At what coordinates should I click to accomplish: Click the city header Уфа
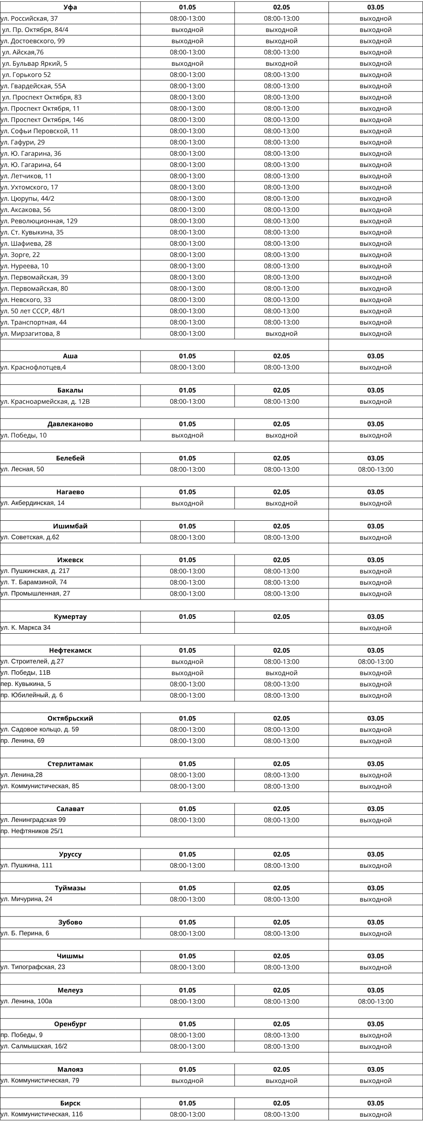pyautogui.click(x=70, y=7)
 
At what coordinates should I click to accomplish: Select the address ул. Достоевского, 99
pyautogui.click(x=33, y=41)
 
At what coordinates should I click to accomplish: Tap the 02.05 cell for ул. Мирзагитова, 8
pyautogui.click(x=281, y=334)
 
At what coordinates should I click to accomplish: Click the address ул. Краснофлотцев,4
pyautogui.click(x=34, y=367)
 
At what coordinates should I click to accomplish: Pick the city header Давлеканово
pyautogui.click(x=70, y=424)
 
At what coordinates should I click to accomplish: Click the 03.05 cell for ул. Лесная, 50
pyautogui.click(x=375, y=469)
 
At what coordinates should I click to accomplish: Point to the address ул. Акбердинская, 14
pyautogui.click(x=33, y=503)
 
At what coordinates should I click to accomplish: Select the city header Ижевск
pyautogui.click(x=70, y=560)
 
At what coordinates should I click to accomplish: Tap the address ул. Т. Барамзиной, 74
pyautogui.click(x=34, y=582)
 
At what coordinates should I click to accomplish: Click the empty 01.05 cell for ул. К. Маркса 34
pyautogui.click(x=187, y=628)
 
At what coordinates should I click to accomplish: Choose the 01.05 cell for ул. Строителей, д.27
pyautogui.click(x=187, y=662)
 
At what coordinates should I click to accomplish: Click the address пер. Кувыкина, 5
pyautogui.click(x=26, y=684)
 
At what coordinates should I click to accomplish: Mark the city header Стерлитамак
pyautogui.click(x=70, y=764)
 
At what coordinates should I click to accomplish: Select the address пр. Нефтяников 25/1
pyautogui.click(x=32, y=831)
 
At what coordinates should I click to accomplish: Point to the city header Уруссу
pyautogui.click(x=70, y=854)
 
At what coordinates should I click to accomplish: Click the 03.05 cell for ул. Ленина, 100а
pyautogui.click(x=375, y=1001)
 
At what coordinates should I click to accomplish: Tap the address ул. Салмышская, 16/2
pyautogui.click(x=34, y=1046)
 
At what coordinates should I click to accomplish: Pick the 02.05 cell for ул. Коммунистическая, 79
pyautogui.click(x=281, y=1081)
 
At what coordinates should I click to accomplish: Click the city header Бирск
pyautogui.click(x=70, y=1103)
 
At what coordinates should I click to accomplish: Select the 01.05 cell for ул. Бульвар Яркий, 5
pyautogui.click(x=187, y=63)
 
